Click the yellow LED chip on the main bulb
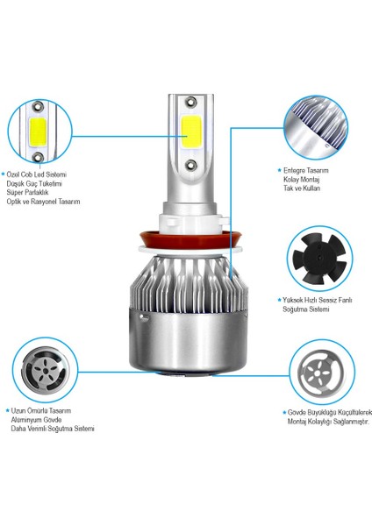(x=190, y=132)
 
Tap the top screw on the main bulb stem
(x=190, y=101)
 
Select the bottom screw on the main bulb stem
(x=190, y=165)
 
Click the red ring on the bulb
(x=190, y=238)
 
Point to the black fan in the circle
(x=319, y=258)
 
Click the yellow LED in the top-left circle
(x=38, y=131)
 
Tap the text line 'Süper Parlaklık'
(x=27, y=193)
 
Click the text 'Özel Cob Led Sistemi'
(x=37, y=174)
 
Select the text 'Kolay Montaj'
(x=301, y=179)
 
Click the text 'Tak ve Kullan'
(x=302, y=188)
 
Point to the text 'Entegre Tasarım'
(x=306, y=170)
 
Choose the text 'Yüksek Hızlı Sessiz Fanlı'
(x=318, y=300)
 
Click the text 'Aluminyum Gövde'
(x=36, y=420)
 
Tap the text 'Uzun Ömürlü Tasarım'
(x=41, y=410)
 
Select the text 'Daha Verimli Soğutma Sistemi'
(x=53, y=429)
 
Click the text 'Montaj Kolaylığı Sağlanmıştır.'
(x=328, y=422)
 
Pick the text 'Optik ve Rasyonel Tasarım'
(x=43, y=202)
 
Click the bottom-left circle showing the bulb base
(x=45, y=370)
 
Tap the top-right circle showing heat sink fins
(x=316, y=127)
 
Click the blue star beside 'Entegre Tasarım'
(x=279, y=170)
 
